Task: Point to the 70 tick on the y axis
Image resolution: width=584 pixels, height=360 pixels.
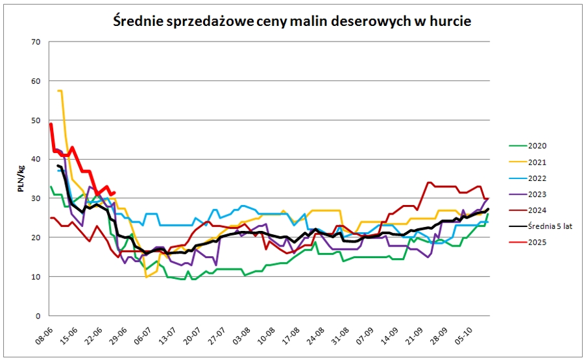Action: (36, 42)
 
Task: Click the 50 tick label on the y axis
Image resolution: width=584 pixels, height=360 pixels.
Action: (36, 121)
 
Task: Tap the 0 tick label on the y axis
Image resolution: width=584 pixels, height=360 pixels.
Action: (38, 316)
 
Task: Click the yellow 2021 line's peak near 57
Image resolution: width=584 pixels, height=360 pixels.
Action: (60, 91)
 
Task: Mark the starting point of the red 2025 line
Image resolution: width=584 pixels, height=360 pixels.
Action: (51, 124)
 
